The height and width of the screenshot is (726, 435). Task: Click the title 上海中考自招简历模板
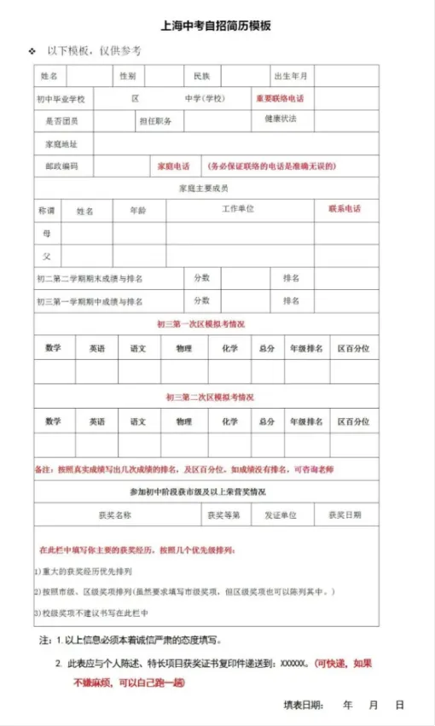pyautogui.click(x=217, y=26)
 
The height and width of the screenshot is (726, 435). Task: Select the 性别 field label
pyautogui.click(x=127, y=77)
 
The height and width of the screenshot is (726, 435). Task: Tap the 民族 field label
pyautogui.click(x=201, y=77)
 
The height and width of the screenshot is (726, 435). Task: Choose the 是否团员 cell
pyautogui.click(x=61, y=121)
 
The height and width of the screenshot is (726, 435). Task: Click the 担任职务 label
pyautogui.click(x=155, y=121)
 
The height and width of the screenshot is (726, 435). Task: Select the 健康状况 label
pyautogui.click(x=281, y=119)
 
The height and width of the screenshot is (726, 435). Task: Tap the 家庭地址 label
pyautogui.click(x=61, y=144)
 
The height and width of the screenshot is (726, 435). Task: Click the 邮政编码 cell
pyautogui.click(x=61, y=166)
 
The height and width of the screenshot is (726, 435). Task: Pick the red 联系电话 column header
pyautogui.click(x=345, y=209)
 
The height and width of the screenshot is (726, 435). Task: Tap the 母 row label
pyautogui.click(x=47, y=232)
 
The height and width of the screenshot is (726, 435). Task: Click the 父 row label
pyautogui.click(x=47, y=255)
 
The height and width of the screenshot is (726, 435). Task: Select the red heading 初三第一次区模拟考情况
pyautogui.click(x=206, y=324)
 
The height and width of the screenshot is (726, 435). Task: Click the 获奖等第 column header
pyautogui.click(x=223, y=515)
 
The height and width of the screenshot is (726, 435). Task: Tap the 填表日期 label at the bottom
pyautogui.click(x=304, y=706)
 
